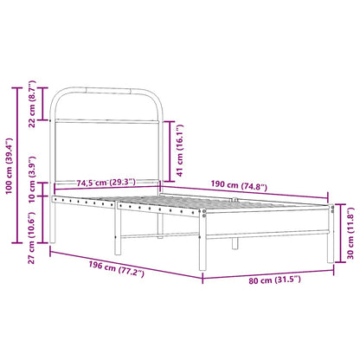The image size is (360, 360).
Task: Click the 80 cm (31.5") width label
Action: pyautogui.click(x=273, y=280)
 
